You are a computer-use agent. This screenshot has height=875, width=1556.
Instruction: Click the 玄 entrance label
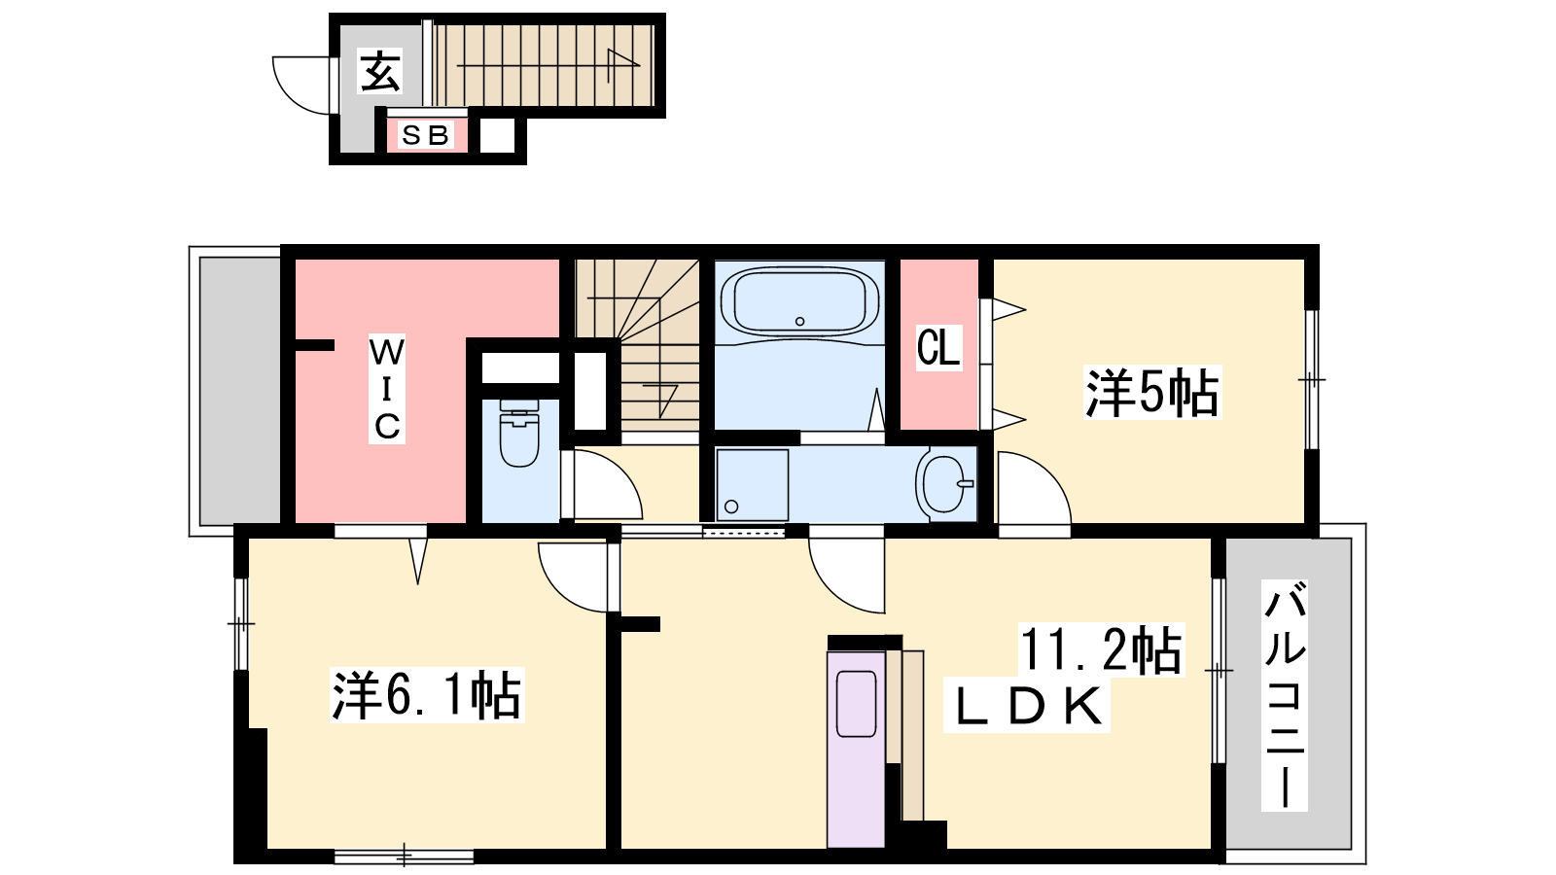point(380,71)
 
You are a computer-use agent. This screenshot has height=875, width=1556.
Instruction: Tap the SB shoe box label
point(426,135)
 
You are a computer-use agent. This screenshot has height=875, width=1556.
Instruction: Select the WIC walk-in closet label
point(386,389)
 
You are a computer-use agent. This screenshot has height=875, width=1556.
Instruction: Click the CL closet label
point(938,346)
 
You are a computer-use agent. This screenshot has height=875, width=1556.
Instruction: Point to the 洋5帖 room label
point(1151,393)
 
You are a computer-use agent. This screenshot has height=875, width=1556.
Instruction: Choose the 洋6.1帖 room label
point(427,694)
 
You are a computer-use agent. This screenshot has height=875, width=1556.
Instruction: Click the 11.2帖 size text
point(1100,650)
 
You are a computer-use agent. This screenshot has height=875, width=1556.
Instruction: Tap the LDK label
point(1027,706)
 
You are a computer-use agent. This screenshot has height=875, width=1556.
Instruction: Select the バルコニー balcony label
point(1285,695)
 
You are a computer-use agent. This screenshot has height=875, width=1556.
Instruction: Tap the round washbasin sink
point(946,484)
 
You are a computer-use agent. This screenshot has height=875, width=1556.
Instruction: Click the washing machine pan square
point(753,485)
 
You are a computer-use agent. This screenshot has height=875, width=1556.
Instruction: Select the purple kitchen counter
point(856,749)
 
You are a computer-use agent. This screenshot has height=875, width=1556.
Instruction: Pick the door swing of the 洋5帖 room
point(1035,487)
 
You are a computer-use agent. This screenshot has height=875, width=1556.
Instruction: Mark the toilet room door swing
point(607,484)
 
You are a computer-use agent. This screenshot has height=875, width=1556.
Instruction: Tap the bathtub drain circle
point(799,322)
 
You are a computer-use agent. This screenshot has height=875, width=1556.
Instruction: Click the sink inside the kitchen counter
point(856,704)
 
